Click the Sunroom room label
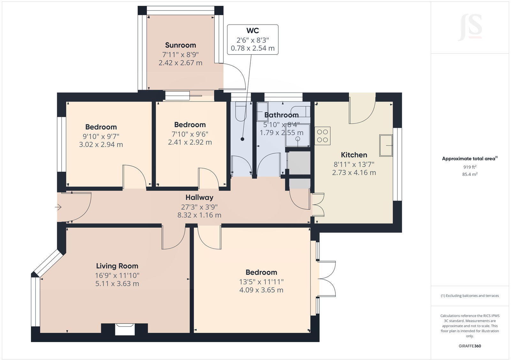(x=180, y=45)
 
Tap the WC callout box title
(x=252, y=31)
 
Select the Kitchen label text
(x=354, y=155)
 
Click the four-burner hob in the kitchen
(x=322, y=136)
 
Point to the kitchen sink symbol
(x=386, y=145)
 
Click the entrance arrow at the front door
(x=58, y=208)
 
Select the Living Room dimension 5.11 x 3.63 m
(x=117, y=284)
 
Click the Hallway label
(x=199, y=198)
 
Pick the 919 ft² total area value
(x=470, y=167)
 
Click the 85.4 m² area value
(x=470, y=174)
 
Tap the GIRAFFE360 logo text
(x=470, y=346)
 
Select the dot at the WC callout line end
(x=242, y=139)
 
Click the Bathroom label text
(x=281, y=115)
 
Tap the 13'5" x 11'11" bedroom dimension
(x=261, y=282)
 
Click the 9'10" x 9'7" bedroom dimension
(x=101, y=136)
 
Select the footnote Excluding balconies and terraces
(x=470, y=296)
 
